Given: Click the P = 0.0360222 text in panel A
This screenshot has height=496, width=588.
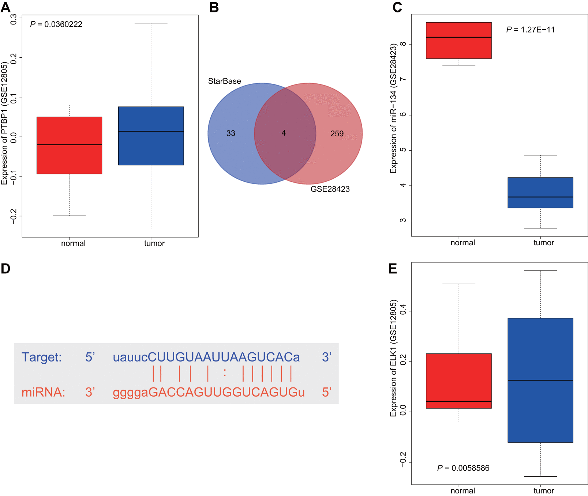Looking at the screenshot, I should click(56, 24).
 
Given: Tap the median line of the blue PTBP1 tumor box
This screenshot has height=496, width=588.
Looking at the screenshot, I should click(151, 131).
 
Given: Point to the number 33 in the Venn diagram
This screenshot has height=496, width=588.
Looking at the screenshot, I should click(231, 133).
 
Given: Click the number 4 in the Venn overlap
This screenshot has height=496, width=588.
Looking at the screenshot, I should click(284, 133).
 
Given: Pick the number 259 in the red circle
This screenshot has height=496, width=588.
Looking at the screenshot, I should click(337, 134).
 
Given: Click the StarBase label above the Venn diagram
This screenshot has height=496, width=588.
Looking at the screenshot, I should click(224, 81).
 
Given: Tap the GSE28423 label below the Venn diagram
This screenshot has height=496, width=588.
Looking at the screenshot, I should click(330, 189).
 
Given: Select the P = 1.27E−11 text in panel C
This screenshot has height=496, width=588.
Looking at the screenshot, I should click(530, 30).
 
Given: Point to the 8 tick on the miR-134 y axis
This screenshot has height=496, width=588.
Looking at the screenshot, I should click(403, 44).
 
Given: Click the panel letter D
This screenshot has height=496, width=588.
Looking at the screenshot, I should click(5, 269).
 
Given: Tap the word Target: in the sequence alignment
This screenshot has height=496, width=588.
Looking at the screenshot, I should click(41, 357).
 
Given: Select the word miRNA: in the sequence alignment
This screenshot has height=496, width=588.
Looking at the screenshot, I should click(43, 392).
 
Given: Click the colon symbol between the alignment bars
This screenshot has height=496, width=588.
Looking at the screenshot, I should click(225, 373).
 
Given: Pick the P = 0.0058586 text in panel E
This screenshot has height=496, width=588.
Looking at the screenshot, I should click(463, 468).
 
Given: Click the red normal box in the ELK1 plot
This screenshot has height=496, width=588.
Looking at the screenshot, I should click(458, 380).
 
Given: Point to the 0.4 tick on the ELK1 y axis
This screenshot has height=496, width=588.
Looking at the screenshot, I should click(403, 311).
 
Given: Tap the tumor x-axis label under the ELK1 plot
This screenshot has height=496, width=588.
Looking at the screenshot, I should click(543, 491).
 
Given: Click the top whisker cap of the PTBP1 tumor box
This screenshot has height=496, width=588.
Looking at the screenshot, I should click(151, 23).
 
